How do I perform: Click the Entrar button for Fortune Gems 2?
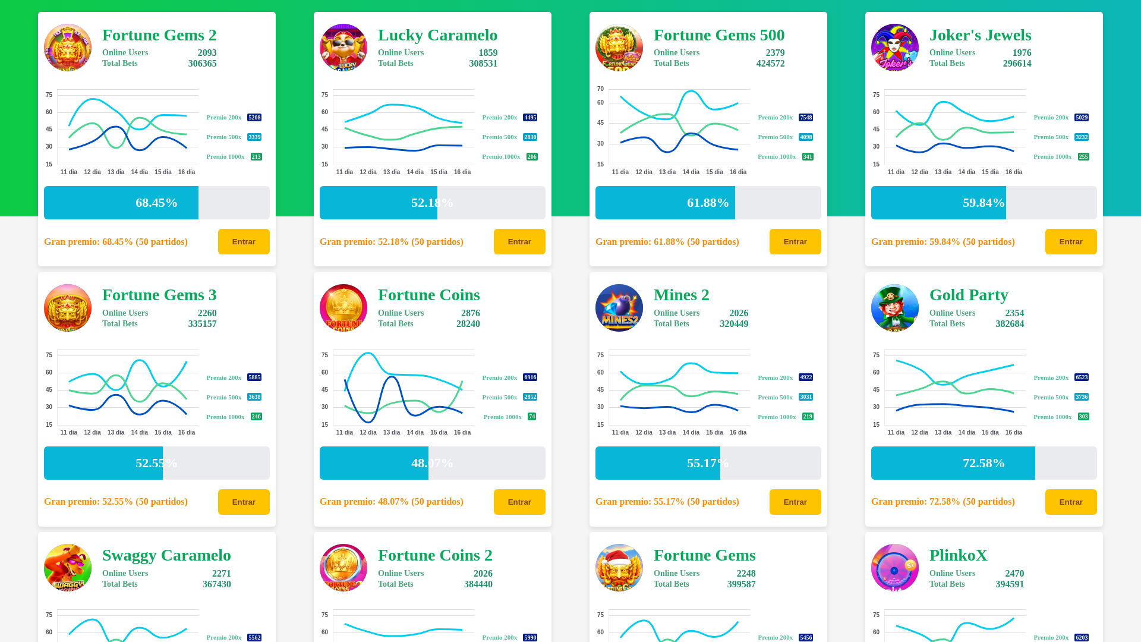(x=244, y=241)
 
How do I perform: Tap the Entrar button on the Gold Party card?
(x=1070, y=502)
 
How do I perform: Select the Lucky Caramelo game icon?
(x=343, y=48)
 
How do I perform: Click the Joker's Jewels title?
(x=980, y=35)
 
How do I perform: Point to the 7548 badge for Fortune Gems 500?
(x=806, y=118)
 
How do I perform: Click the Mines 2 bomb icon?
(x=619, y=308)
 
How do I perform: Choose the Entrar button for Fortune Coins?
(x=519, y=502)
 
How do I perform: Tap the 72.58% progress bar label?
(x=984, y=463)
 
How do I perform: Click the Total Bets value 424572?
(x=770, y=64)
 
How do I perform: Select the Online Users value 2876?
(x=470, y=313)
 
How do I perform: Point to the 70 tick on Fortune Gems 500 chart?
(x=600, y=89)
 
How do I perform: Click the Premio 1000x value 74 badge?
(x=532, y=417)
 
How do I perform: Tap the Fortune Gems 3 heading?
(x=159, y=295)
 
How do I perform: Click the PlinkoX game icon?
(x=895, y=568)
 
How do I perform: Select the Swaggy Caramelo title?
(x=166, y=555)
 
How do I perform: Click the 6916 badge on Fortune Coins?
(x=530, y=377)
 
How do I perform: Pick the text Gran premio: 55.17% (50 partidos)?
(x=667, y=502)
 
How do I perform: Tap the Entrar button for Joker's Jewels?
(x=1070, y=241)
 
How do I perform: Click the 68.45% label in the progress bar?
(x=156, y=203)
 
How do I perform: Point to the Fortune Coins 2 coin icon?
(x=343, y=568)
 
